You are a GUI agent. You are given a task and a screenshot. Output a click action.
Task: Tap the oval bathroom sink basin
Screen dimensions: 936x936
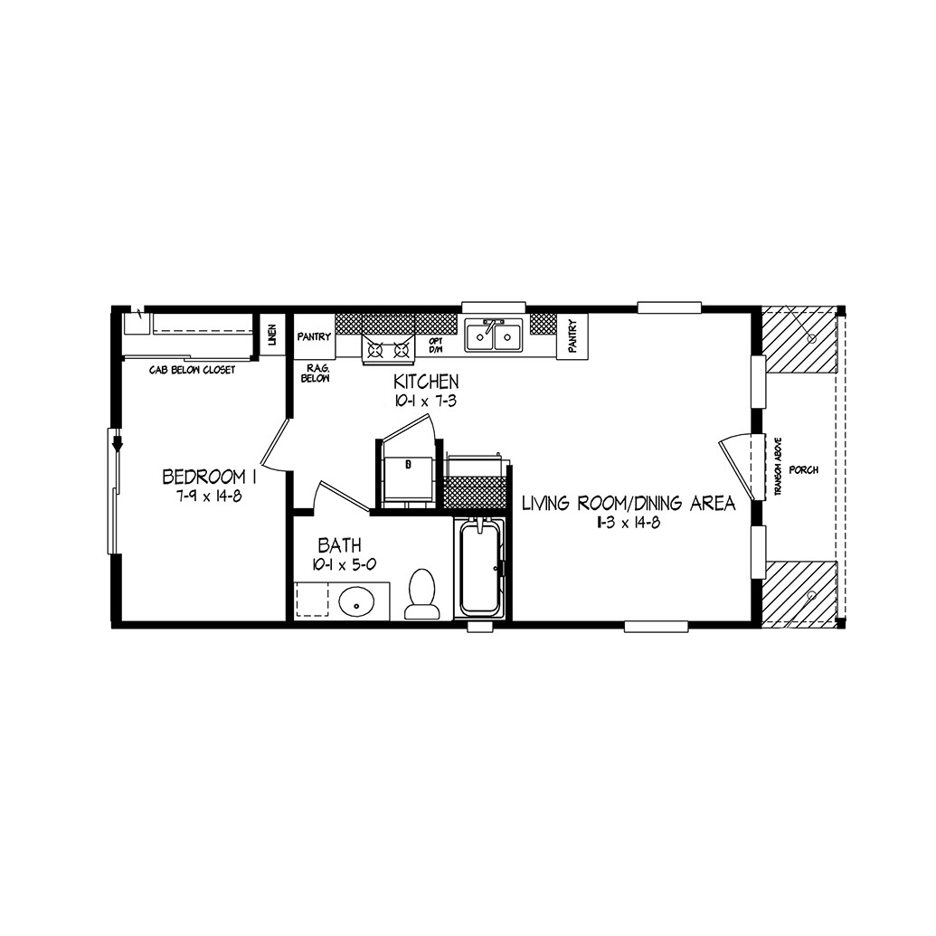coord(356,603)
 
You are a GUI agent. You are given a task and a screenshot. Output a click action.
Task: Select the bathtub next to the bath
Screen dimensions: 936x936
coord(479,566)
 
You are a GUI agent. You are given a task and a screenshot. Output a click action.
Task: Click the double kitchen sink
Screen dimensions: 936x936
coord(494,336)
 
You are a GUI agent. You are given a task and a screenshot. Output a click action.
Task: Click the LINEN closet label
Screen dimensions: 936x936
coord(272,336)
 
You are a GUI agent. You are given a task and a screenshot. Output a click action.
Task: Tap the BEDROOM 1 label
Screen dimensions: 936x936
coord(210,477)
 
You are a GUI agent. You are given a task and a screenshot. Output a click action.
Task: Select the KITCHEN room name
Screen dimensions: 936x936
coord(426,382)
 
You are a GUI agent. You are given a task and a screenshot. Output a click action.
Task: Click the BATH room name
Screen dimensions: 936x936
coord(339,545)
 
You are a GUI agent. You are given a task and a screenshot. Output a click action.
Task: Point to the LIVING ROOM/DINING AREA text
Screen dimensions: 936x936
coord(629,504)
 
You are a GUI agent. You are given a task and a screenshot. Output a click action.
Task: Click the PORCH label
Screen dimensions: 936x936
coord(803,469)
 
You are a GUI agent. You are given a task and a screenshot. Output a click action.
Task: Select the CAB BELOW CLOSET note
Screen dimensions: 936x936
coord(193,370)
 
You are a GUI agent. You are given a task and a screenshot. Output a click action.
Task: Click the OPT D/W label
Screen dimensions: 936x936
coord(436,345)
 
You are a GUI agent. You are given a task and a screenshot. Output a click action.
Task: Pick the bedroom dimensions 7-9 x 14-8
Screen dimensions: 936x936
coord(209,496)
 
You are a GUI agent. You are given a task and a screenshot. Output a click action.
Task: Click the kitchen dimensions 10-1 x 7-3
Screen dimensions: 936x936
coord(426,402)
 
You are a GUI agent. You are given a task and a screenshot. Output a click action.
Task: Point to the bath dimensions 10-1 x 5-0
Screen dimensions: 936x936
coord(344,564)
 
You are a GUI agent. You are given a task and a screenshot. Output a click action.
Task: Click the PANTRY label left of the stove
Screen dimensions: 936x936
coord(314,336)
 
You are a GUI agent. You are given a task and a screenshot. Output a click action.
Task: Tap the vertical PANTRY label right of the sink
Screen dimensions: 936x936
coord(573,336)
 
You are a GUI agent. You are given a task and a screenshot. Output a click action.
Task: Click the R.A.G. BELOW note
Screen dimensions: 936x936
coord(316,373)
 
